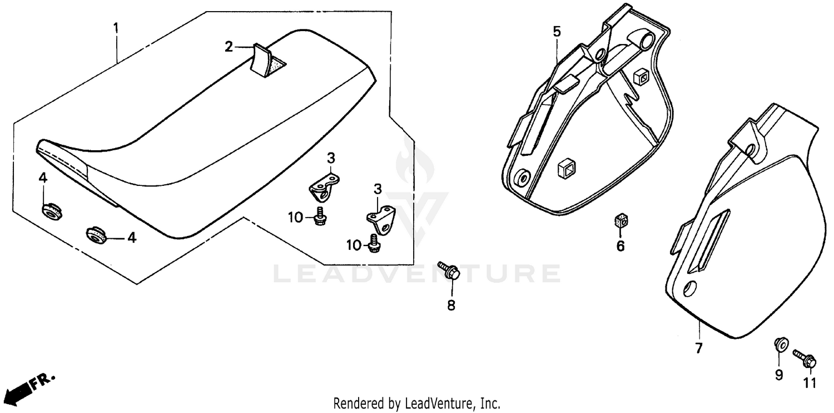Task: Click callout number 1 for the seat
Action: click(x=116, y=27)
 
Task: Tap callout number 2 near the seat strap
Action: click(x=229, y=47)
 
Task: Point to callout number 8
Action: click(x=451, y=305)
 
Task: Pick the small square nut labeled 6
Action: click(x=620, y=222)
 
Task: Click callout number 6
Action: click(x=620, y=245)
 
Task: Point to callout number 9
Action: click(x=779, y=375)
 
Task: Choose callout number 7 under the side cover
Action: click(x=698, y=349)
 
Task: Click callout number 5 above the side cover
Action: click(x=557, y=32)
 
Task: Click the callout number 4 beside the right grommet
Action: click(x=131, y=238)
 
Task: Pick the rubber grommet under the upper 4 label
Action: click(x=51, y=211)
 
